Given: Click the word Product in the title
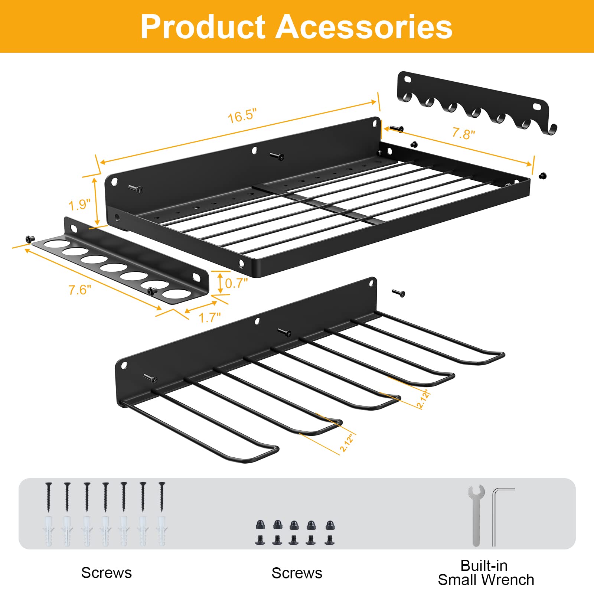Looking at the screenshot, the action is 203,27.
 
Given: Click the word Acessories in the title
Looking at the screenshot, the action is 364,27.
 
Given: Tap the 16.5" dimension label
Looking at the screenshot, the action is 242,116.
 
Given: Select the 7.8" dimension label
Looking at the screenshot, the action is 463,133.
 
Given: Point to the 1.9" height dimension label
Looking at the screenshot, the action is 79,205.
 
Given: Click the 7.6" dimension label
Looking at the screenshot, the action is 79,290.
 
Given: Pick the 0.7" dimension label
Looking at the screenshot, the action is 236,283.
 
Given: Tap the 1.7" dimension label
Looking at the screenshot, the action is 209,318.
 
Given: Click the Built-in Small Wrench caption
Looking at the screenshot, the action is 486,573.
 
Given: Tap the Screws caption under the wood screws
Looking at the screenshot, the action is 107,573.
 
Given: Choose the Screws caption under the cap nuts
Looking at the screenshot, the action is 297,573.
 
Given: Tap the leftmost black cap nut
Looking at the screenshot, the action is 261,525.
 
